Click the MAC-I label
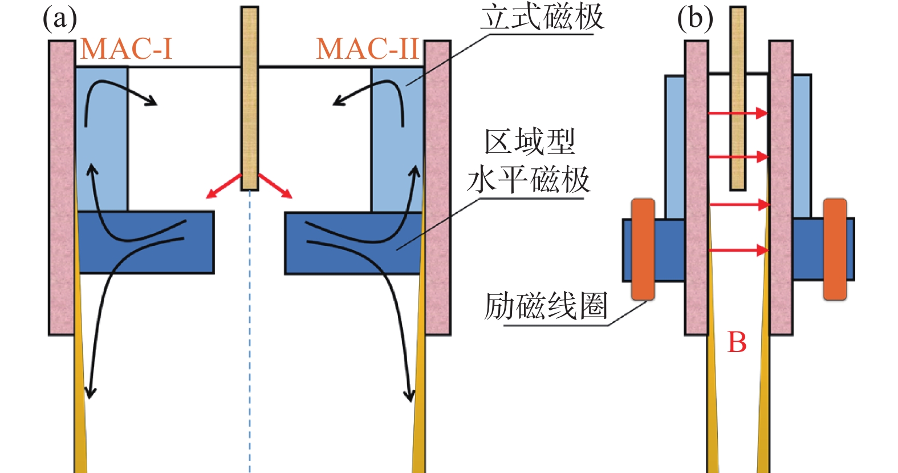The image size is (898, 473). click(126, 48)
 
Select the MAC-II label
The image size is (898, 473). click(368, 48)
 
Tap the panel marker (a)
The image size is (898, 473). click(60, 18)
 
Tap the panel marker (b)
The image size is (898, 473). click(694, 18)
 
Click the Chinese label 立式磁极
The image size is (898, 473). click(542, 17)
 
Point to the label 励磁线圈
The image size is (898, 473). click(546, 306)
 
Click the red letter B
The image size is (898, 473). click(737, 342)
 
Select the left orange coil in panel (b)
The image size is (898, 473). click(643, 249)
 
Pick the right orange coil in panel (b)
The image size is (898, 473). click(835, 249)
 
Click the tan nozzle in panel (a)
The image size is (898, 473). click(250, 97)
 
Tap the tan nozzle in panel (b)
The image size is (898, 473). click(738, 97)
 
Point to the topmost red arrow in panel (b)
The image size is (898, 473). click(738, 113)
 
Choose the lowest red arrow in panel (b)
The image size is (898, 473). click(738, 249)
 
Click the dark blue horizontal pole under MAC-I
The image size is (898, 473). click(145, 242)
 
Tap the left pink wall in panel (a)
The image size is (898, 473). click(62, 188)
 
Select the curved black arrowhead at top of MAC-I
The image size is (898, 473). click(151, 102)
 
